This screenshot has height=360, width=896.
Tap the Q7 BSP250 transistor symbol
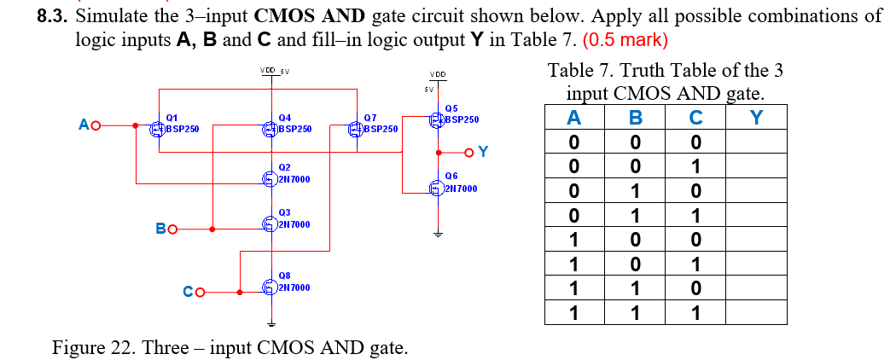pos(354,129)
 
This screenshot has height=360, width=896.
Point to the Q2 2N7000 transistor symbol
pos(268,178)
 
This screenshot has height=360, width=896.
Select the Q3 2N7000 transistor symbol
pos(268,224)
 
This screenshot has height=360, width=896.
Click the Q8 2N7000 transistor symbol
pos(268,287)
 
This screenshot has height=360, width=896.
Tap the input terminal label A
pos(84,126)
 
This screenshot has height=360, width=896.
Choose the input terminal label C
pos(189,293)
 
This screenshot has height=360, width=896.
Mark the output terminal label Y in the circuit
pos(483,152)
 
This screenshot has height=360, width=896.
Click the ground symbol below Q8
pos(271,323)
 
